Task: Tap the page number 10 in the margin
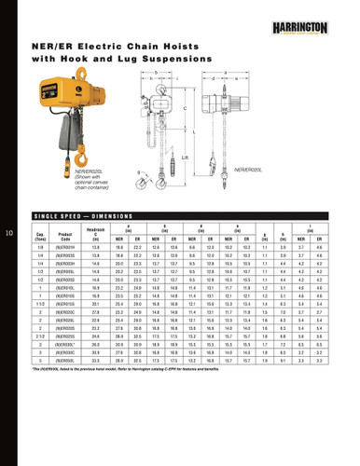[9, 232]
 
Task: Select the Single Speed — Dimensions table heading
[81, 213]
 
